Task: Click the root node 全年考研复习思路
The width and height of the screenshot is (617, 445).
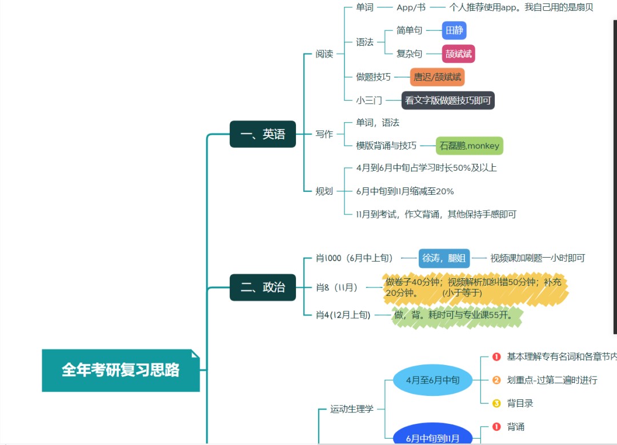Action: [x=121, y=370]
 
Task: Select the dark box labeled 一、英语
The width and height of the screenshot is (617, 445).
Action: [x=263, y=134]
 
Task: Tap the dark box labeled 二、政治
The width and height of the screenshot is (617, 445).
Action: [x=263, y=287]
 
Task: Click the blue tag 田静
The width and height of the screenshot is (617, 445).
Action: [x=455, y=30]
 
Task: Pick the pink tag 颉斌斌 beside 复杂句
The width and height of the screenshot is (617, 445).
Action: [x=459, y=54]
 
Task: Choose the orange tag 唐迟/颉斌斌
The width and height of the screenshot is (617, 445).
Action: [x=438, y=77]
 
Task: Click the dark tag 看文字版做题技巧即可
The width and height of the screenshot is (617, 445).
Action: [x=448, y=101]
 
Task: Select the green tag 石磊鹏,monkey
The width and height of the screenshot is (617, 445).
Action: [x=469, y=146]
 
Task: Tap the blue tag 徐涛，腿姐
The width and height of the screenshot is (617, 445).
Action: [x=444, y=258]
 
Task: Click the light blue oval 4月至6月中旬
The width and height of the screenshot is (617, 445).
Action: [x=432, y=380]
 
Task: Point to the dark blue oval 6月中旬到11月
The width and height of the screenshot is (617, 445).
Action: [x=432, y=438]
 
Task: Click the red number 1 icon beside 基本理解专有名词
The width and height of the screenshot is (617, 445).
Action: [x=496, y=357]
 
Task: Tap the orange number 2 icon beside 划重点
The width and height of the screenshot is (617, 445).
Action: [x=496, y=380]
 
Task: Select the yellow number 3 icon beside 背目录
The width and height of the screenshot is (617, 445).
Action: [x=496, y=403]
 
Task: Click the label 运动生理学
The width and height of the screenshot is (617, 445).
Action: [x=352, y=409]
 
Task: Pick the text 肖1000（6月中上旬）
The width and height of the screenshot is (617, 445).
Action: [x=354, y=258]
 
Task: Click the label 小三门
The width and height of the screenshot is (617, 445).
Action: [x=369, y=101]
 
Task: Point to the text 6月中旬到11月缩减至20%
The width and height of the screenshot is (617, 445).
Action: [x=405, y=191]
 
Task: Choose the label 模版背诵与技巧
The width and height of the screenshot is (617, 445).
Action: [x=386, y=146]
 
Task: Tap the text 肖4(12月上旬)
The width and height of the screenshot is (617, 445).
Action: [x=343, y=315]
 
